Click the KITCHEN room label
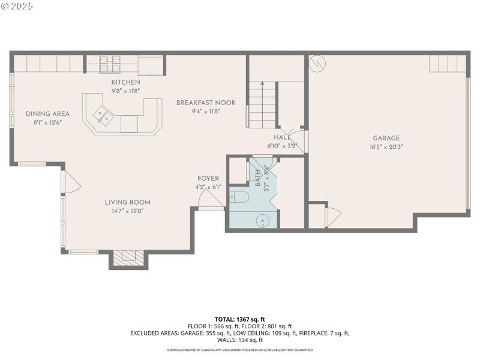tap(125, 82)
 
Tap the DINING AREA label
tap(47, 114)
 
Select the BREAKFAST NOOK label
tap(206, 103)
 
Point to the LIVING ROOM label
tap(128, 202)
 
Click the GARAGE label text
tap(386, 138)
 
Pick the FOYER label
tap(208, 178)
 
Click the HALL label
tap(282, 137)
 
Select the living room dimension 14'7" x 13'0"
tap(128, 211)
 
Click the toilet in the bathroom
tap(238, 196)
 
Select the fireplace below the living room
tap(128, 257)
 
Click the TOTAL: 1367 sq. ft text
tap(239, 319)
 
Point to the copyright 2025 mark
tap(17, 5)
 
